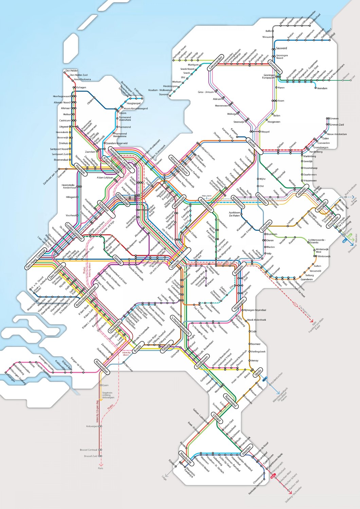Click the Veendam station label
322,88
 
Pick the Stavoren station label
164,95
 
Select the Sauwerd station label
282,49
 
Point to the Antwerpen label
92,426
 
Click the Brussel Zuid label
91,456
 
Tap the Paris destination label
100,468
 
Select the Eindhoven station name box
202,361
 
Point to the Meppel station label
265,132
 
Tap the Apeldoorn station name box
237,202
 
